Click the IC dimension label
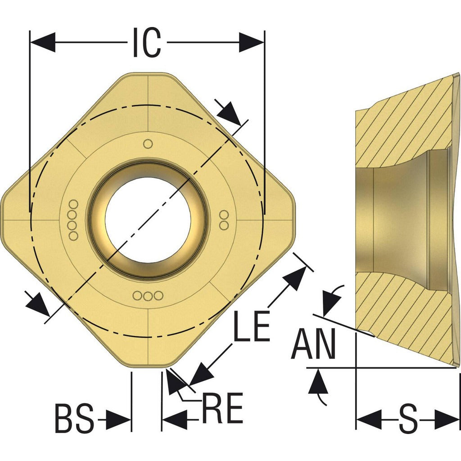(x=147, y=42)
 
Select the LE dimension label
(x=252, y=326)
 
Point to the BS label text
(x=74, y=418)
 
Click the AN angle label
(x=313, y=343)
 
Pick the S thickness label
(x=408, y=418)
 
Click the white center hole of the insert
(x=148, y=220)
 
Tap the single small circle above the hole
(x=148, y=144)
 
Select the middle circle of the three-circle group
(x=148, y=296)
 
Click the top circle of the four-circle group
(x=73, y=204)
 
